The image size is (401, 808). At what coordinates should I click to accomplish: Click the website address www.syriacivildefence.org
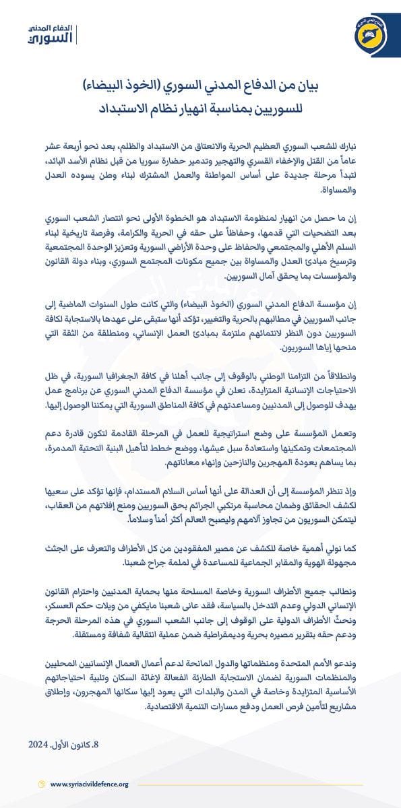point(89,784)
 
